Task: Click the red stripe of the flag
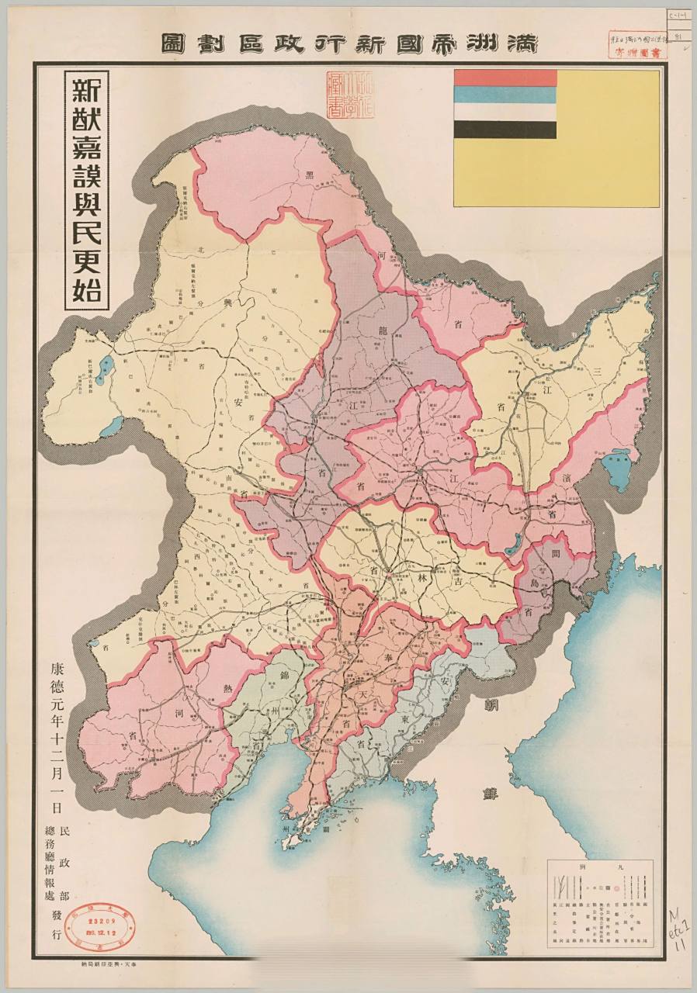click(x=505, y=78)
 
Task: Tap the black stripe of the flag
click(x=505, y=130)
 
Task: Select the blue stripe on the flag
click(x=505, y=95)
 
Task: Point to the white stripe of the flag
click(x=505, y=112)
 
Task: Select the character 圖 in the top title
click(x=172, y=43)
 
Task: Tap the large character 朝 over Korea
click(x=491, y=704)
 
